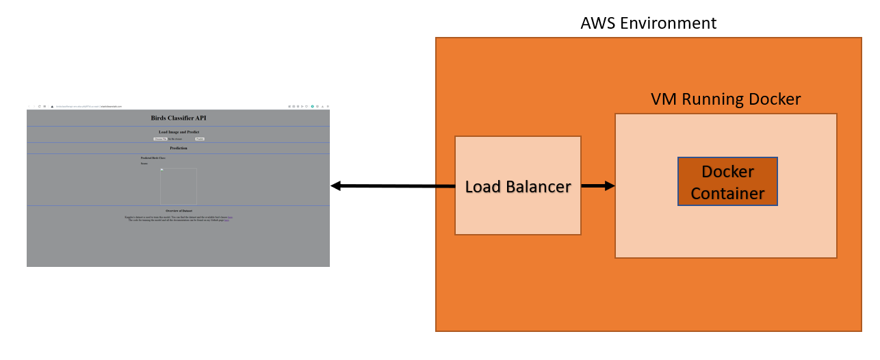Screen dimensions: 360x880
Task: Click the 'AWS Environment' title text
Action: [648, 23]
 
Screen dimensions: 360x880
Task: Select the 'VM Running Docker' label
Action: [725, 99]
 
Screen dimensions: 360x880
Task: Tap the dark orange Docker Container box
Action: [727, 181]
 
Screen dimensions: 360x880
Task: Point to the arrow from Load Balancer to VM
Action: [597, 185]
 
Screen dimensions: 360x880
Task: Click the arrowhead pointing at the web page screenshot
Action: [337, 185]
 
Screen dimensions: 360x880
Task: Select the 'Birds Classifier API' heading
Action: [178, 118]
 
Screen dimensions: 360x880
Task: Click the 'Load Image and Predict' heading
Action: [178, 131]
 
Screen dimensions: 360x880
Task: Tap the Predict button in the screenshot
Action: [199, 138]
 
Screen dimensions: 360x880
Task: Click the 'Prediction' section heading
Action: [178, 148]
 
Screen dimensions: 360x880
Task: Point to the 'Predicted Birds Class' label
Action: [153, 157]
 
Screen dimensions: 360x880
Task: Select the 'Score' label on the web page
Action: [144, 163]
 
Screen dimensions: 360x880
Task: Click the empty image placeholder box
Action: [179, 186]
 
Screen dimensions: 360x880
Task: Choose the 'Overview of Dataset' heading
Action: [179, 210]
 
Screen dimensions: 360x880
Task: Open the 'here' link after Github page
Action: [227, 220]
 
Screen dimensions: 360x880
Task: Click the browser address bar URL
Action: [89, 106]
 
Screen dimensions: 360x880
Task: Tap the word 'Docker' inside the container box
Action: [727, 171]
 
